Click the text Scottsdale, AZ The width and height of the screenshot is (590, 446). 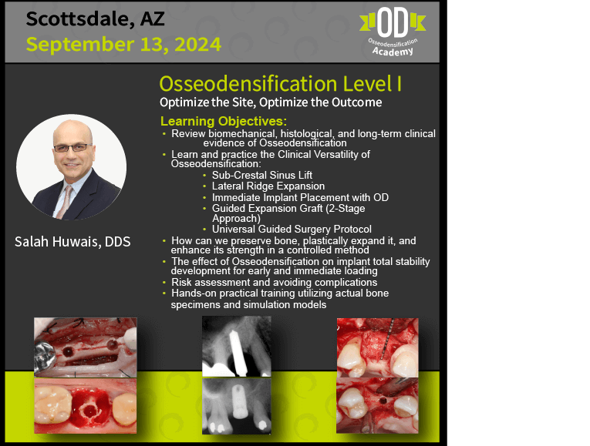[x=95, y=19]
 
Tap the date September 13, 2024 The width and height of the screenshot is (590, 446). [x=123, y=45]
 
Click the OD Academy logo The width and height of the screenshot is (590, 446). [x=393, y=32]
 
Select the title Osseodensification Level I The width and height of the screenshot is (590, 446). [x=280, y=83]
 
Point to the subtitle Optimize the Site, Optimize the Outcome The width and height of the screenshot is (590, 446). [x=271, y=102]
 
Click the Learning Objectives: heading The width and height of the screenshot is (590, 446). [x=224, y=121]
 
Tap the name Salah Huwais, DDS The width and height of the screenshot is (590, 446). [x=72, y=242]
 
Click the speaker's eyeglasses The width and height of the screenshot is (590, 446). [x=72, y=148]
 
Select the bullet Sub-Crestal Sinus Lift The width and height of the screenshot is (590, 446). [x=262, y=175]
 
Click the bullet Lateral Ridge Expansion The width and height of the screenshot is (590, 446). [x=268, y=186]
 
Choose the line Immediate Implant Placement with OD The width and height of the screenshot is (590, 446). [x=300, y=197]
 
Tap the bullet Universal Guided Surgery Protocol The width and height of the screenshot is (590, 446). [x=292, y=230]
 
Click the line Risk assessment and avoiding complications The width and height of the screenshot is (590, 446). [x=275, y=282]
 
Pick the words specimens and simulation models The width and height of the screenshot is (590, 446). [x=248, y=305]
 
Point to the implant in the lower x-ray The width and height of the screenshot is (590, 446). [x=240, y=401]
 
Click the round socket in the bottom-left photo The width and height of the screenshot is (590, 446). [x=90, y=410]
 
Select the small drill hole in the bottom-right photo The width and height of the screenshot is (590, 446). [x=383, y=401]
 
